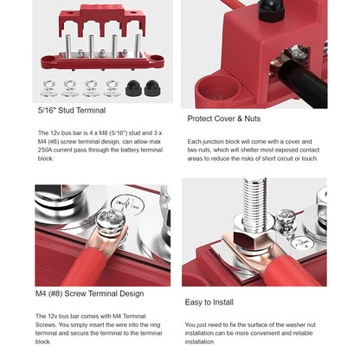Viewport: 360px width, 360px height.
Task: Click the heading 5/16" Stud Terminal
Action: [x=72, y=111]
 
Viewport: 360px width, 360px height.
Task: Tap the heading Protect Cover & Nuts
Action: [x=224, y=119]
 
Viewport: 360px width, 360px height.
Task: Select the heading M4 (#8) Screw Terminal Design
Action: [x=89, y=293]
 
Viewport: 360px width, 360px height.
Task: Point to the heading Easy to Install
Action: [x=209, y=302]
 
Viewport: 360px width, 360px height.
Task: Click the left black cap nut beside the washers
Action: [x=133, y=88]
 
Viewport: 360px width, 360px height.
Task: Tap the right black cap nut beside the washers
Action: [x=153, y=88]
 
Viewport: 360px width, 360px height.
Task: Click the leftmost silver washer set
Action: [x=48, y=88]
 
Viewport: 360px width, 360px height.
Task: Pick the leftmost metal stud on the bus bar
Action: [x=68, y=46]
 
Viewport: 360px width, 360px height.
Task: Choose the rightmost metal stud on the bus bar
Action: [x=138, y=46]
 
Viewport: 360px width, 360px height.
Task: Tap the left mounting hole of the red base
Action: [x=48, y=59]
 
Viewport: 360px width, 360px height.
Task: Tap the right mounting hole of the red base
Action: [x=156, y=58]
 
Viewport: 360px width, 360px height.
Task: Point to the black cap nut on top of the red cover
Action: [x=271, y=10]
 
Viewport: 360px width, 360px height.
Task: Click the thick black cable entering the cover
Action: [x=303, y=84]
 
